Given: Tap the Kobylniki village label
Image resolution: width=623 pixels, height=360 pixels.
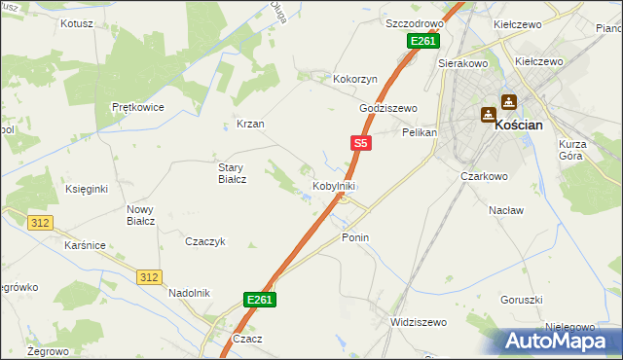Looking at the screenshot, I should click(x=333, y=186).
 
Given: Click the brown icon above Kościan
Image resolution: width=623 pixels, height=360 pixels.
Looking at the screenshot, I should click(x=508, y=100).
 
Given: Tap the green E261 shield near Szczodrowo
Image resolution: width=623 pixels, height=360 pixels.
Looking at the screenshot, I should click(x=423, y=41).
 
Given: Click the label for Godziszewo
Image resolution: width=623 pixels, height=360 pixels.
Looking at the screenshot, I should click(x=388, y=108).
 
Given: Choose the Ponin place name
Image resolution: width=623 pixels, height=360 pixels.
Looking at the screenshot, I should click(x=355, y=237).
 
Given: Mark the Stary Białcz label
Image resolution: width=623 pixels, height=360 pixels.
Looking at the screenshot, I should click(x=232, y=173).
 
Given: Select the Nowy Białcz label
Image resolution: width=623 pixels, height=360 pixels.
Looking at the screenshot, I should click(x=140, y=215).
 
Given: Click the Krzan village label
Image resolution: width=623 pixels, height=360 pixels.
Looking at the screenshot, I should click(x=250, y=125).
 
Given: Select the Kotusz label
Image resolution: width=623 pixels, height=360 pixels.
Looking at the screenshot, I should click(x=77, y=22).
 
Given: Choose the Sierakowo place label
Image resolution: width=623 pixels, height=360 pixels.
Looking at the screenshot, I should click(x=462, y=61).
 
